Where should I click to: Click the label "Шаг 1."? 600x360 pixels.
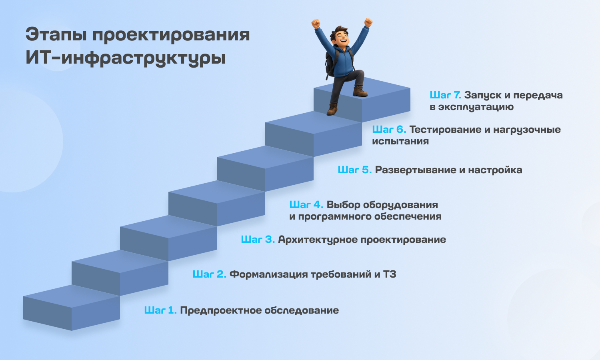point(160,310)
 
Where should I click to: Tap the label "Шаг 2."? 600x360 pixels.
point(210,274)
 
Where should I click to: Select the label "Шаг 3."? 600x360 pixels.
point(258,240)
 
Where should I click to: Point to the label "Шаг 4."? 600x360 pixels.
point(306,205)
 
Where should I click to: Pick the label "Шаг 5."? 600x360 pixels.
point(355,170)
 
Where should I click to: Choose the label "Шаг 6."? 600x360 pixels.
point(389,130)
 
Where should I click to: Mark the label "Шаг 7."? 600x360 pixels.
point(446,95)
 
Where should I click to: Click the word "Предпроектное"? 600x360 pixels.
point(221,310)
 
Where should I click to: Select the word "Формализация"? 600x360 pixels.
point(269,275)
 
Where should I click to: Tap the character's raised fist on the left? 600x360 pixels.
point(316,24)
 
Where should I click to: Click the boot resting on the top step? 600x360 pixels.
point(360,91)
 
